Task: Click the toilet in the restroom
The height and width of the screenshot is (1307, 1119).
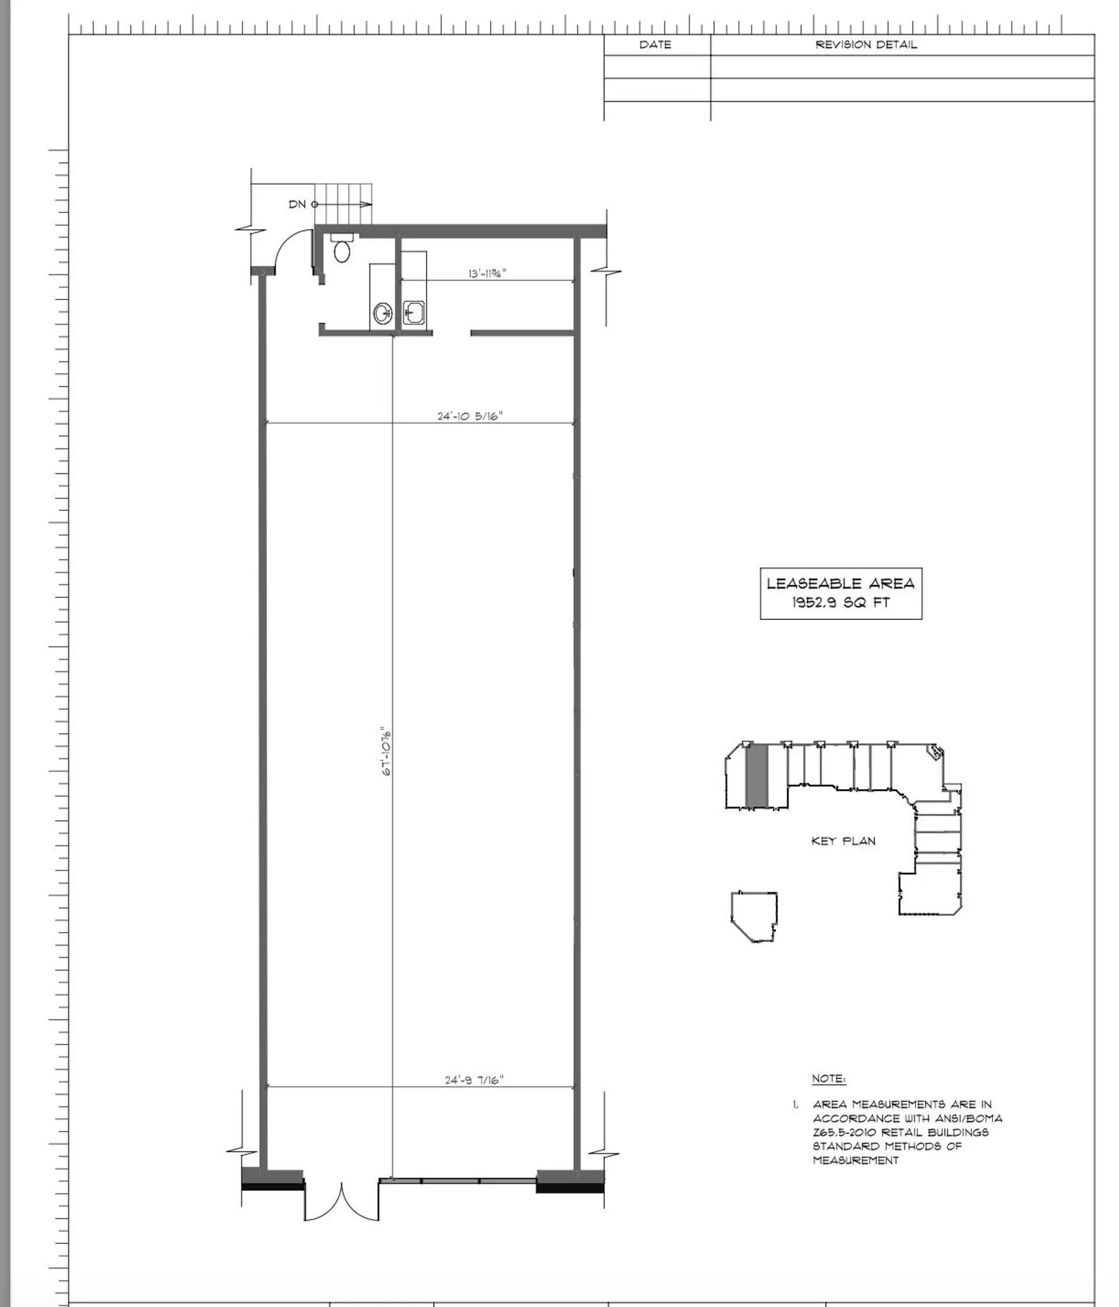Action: (342, 250)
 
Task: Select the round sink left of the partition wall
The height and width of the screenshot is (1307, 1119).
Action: (382, 313)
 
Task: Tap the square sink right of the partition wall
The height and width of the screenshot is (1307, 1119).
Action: (414, 312)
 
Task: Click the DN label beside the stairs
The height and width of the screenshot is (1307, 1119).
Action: (297, 204)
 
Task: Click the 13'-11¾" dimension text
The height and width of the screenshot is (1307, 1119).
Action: (487, 273)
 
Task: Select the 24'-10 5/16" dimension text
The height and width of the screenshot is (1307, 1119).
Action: (470, 416)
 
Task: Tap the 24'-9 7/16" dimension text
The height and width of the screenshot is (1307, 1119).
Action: (474, 1080)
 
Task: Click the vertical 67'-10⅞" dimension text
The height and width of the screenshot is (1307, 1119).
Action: (387, 752)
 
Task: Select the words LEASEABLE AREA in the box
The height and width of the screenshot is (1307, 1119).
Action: (840, 583)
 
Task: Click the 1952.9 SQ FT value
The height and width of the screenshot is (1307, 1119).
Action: (840, 602)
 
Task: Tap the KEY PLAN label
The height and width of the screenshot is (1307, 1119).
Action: (843, 841)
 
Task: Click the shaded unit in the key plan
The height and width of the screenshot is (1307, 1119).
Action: (756, 776)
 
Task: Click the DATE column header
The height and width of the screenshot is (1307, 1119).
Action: (655, 45)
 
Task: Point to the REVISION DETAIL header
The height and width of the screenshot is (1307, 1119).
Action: (865, 45)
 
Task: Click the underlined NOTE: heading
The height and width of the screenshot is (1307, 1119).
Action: (828, 1078)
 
